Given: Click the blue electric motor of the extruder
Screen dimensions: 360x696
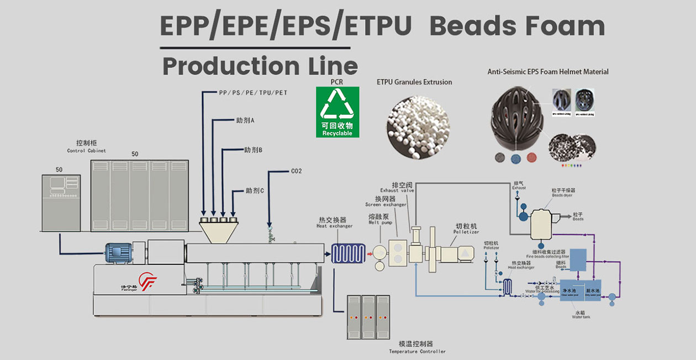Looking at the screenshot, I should pyautogui.click(x=119, y=253).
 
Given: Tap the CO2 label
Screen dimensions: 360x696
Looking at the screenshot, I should pyautogui.click(x=297, y=171).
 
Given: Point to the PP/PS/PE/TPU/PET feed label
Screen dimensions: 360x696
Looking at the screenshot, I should pyautogui.click(x=253, y=93).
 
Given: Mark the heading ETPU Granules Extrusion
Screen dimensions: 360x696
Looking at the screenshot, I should pyautogui.click(x=414, y=82).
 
